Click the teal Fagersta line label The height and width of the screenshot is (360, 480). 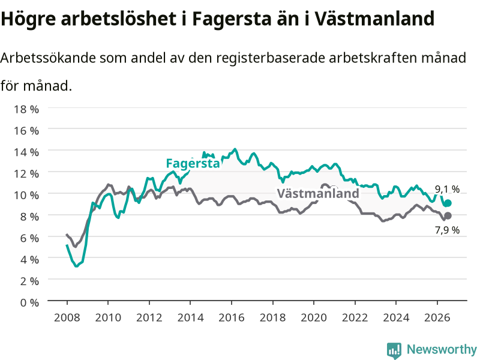click(x=193, y=163)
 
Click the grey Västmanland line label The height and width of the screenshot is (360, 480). click(x=318, y=193)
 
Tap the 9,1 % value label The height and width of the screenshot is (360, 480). click(x=447, y=189)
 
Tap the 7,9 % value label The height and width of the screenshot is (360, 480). click(x=447, y=230)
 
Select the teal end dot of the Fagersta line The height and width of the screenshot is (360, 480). click(x=448, y=203)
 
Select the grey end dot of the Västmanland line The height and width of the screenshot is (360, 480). click(x=448, y=216)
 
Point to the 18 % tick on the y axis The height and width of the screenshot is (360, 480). click(x=26, y=109)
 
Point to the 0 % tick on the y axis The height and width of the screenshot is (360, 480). click(x=29, y=302)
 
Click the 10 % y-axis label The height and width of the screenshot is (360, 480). click(x=26, y=195)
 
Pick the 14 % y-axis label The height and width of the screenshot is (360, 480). click(x=26, y=152)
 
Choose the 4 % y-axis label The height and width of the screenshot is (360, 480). click(x=29, y=260)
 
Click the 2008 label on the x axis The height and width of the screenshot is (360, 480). click(x=67, y=317)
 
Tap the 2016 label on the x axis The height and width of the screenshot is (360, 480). click(x=232, y=317)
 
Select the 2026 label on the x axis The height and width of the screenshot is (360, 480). click(x=437, y=317)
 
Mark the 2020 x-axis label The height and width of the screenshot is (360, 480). click(x=314, y=317)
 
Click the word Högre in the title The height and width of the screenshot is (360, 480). click(x=28, y=19)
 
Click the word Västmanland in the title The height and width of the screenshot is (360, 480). click(x=374, y=19)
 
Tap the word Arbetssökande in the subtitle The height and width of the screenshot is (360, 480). click(x=48, y=58)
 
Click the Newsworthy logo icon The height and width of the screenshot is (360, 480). click(x=394, y=350)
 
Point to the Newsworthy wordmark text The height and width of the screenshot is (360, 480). click(x=442, y=349)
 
